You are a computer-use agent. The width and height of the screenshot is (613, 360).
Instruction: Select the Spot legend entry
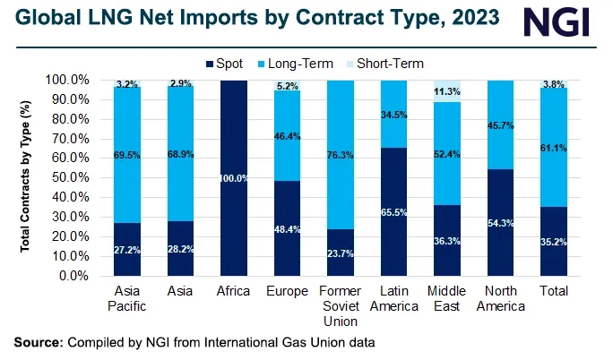click(229, 64)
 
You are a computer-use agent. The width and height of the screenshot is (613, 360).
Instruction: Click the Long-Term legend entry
click(303, 64)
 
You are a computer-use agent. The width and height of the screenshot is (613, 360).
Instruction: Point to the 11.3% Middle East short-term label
click(447, 90)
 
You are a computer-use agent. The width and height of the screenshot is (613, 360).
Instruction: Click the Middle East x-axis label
click(447, 300)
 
